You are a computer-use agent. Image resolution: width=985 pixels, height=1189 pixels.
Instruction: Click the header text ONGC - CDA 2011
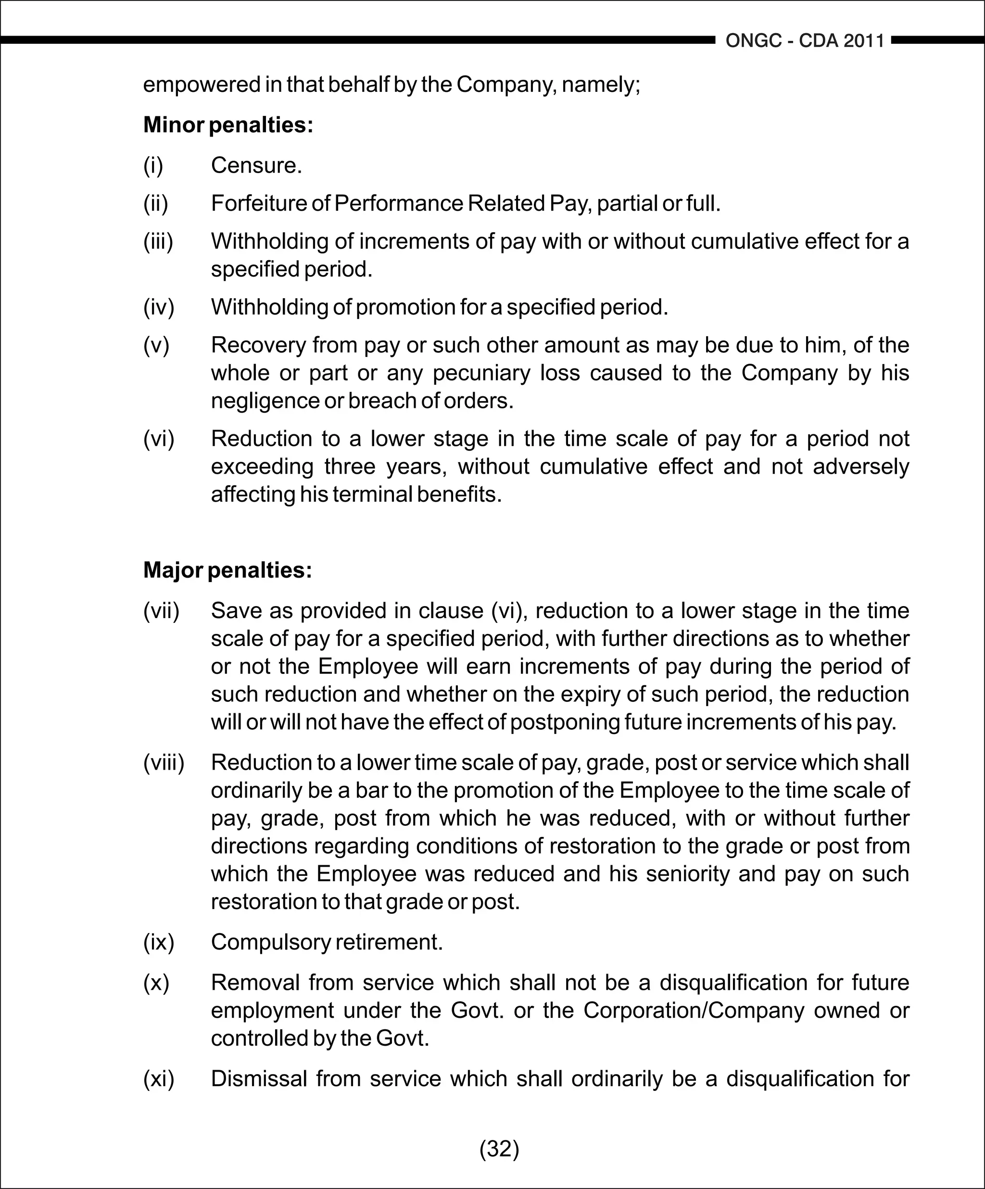(x=805, y=41)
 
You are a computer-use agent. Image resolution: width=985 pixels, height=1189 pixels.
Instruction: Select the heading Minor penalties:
(x=228, y=125)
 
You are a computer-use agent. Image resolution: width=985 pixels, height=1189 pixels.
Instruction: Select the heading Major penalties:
(x=227, y=570)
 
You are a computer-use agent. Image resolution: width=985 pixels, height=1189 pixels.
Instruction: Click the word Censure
(x=256, y=166)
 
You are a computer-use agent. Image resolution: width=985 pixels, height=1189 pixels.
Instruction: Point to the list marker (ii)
(x=156, y=204)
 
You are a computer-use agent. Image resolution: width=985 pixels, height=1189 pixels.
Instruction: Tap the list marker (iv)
(x=159, y=307)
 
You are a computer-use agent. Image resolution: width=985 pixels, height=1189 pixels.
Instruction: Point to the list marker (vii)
(x=161, y=611)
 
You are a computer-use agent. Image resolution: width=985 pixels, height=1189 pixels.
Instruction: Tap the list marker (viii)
(x=164, y=763)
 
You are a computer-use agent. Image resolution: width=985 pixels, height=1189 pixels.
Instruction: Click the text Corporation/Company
(x=694, y=1011)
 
